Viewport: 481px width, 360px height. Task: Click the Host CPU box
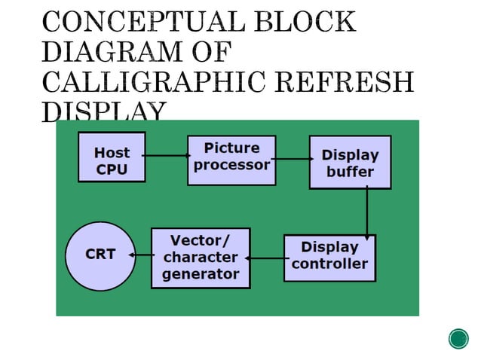(x=112, y=157)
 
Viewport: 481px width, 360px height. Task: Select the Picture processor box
(x=231, y=160)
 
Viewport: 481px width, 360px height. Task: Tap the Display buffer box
(x=350, y=162)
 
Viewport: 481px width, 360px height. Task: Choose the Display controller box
(x=329, y=258)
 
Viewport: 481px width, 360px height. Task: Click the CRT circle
(x=100, y=255)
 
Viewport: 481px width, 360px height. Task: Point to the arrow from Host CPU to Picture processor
(x=166, y=156)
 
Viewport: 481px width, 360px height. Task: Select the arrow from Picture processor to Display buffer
(x=293, y=159)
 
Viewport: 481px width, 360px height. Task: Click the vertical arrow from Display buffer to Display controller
(x=367, y=211)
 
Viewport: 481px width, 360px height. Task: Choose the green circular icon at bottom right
(x=458, y=339)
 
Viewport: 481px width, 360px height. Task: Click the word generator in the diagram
(x=200, y=274)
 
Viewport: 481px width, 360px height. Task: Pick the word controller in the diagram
(x=329, y=264)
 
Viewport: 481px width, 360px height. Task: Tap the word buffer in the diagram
(x=350, y=172)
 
